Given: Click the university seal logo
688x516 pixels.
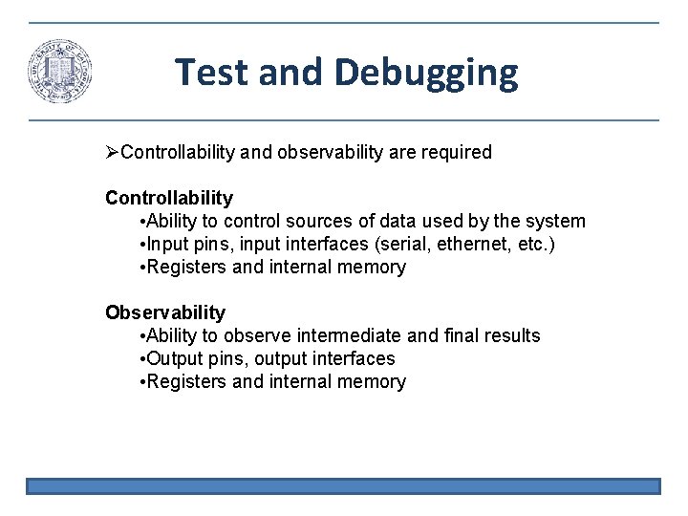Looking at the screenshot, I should (61, 72).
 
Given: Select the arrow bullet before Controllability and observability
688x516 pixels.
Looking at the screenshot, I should (113, 152).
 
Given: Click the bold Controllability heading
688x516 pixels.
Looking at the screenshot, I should (169, 198).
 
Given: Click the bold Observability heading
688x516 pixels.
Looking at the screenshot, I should (165, 312).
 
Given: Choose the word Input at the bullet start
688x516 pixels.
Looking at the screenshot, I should (165, 244).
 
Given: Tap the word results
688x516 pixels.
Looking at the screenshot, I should (509, 335).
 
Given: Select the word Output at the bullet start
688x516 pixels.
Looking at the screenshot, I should (172, 358).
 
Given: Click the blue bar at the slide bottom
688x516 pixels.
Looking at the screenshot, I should (343, 486).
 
